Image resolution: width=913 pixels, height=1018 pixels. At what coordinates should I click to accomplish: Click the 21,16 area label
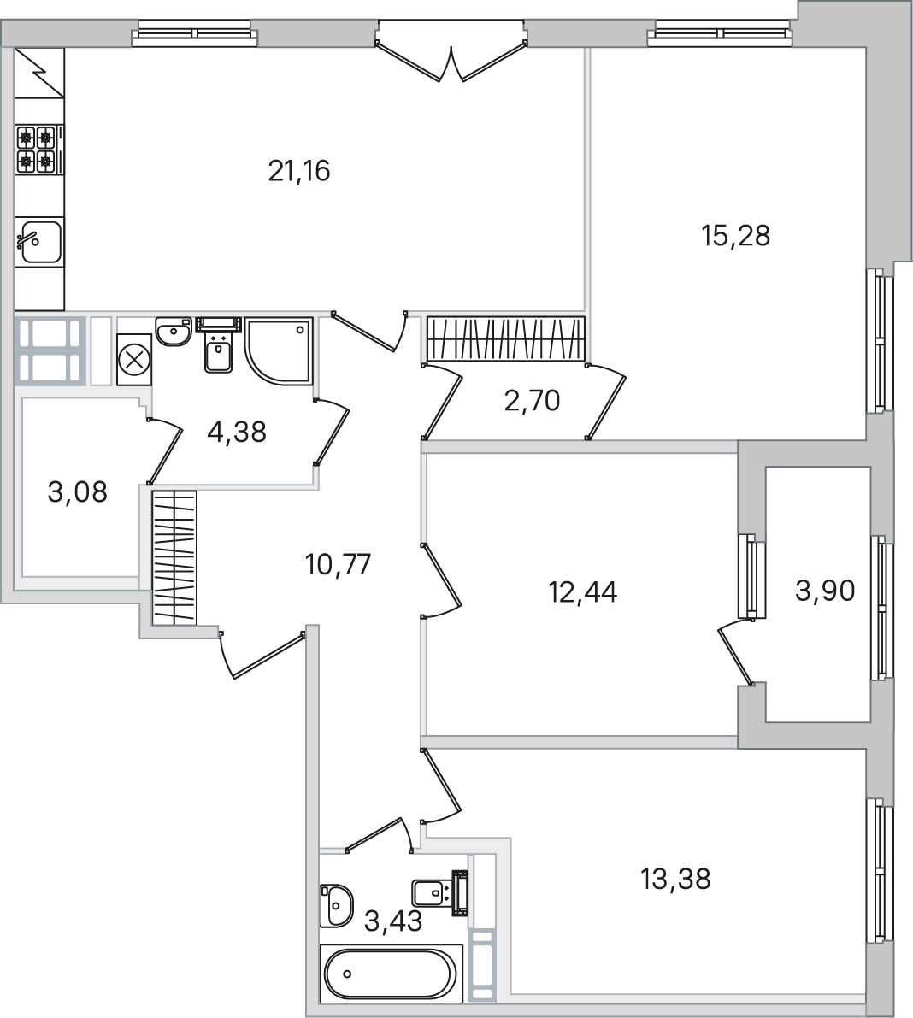299,171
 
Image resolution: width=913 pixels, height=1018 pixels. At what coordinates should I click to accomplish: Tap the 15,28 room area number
736,236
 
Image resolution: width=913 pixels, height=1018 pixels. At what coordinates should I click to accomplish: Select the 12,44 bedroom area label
582,591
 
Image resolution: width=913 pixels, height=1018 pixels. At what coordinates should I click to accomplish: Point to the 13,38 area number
675,879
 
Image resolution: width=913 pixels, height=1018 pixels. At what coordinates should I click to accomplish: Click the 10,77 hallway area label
338,564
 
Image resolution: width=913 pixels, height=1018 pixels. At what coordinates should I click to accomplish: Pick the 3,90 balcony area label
825,591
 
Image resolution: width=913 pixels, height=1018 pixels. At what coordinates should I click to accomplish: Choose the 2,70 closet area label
532,401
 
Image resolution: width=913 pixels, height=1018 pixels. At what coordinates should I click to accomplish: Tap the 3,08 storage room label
77,492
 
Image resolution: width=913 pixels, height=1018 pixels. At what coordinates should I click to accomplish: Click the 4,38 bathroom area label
236,432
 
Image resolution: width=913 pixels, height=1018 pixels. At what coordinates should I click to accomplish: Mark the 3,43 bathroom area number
393,921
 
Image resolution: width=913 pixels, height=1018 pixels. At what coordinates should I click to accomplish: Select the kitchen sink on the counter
39,242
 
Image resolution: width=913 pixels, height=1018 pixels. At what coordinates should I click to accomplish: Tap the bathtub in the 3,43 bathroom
391,974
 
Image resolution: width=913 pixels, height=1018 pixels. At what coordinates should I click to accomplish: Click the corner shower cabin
280,350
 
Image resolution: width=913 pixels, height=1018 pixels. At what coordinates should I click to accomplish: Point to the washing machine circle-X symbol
134,360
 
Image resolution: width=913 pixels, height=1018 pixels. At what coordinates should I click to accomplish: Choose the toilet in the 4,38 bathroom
218,346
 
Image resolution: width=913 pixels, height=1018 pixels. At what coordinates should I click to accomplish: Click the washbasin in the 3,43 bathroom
336,905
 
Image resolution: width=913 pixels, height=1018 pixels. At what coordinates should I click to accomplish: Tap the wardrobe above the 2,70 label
506,338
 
